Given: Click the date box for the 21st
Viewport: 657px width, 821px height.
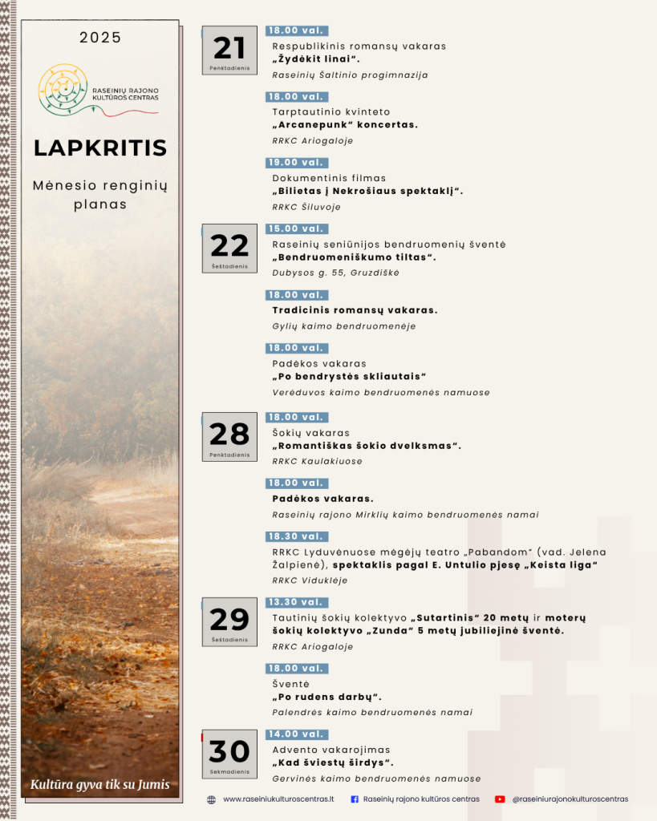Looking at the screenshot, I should point(229,51).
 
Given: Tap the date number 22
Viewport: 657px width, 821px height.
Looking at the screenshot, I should point(229,245).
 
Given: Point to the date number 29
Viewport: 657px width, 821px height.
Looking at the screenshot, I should point(229,620).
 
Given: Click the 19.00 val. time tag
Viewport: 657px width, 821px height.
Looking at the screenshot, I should point(295,162).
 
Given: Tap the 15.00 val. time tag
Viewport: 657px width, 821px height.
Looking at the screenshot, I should point(295,229).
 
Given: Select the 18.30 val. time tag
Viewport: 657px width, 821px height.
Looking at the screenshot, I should point(295,536).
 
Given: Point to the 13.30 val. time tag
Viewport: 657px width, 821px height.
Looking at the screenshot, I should point(295,602).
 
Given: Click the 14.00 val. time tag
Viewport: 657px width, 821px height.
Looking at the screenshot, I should point(295,734).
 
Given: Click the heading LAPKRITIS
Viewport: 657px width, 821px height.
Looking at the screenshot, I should point(100,148).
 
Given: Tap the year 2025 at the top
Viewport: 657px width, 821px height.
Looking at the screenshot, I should point(100,38).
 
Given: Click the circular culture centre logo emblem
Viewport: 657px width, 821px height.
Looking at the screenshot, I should point(63,87).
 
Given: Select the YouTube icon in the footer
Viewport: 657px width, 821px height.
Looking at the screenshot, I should point(500,799).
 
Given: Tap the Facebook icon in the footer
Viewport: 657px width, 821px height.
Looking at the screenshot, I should point(355,799).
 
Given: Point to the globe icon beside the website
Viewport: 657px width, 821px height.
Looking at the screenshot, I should point(211,799).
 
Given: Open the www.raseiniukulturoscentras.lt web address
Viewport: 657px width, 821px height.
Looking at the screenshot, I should point(278,799).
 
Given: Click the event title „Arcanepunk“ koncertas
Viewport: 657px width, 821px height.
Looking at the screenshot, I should point(345,125).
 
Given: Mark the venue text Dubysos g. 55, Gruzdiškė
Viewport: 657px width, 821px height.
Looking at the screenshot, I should point(335,273).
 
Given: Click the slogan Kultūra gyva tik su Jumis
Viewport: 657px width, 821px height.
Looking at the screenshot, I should point(100,784).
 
